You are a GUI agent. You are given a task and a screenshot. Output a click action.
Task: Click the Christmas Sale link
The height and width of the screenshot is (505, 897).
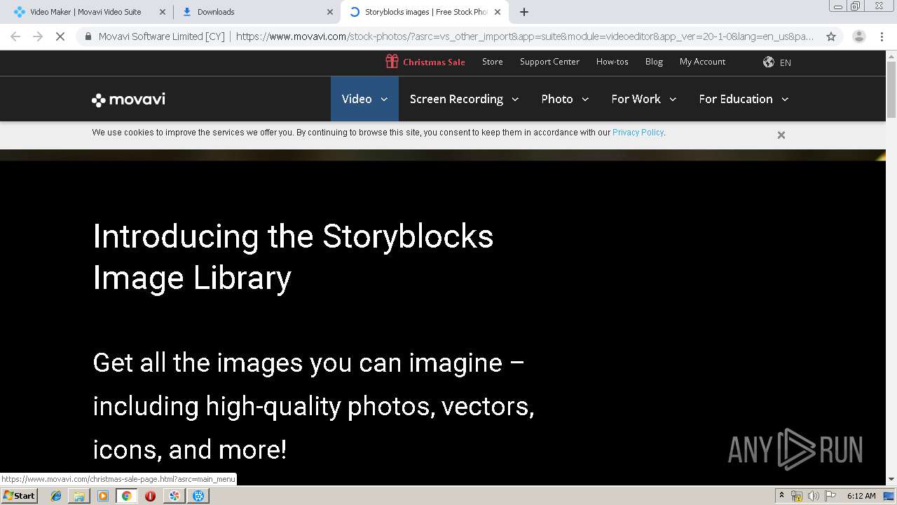(x=425, y=62)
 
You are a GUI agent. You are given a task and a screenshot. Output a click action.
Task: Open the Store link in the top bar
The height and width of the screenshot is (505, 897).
(x=492, y=62)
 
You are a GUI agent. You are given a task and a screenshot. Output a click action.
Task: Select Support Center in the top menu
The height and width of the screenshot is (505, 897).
(x=549, y=62)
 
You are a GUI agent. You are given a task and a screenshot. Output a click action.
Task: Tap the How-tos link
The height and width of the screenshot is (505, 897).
(x=612, y=62)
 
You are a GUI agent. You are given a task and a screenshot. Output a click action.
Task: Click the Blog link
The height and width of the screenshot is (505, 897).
(x=654, y=62)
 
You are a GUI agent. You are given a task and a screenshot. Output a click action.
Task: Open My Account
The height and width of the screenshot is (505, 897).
(x=702, y=62)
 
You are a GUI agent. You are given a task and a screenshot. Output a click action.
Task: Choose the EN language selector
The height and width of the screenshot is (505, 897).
(x=777, y=62)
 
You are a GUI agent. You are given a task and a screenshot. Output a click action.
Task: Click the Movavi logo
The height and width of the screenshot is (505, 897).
(x=128, y=100)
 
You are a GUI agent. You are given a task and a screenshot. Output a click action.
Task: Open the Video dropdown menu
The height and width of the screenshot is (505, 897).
(x=364, y=99)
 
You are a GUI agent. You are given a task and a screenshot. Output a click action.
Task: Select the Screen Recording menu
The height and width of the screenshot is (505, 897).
(x=464, y=99)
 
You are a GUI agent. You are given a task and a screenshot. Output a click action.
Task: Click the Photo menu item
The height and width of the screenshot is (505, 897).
(x=565, y=99)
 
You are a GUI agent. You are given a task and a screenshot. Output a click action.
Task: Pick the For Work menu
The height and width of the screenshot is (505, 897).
(x=643, y=99)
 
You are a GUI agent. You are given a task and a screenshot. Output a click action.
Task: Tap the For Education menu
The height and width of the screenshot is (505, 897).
(x=744, y=99)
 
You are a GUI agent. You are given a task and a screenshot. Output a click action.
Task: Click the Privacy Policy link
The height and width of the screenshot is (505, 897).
(x=638, y=133)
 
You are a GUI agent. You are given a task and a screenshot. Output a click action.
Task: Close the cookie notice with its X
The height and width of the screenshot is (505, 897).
(x=781, y=135)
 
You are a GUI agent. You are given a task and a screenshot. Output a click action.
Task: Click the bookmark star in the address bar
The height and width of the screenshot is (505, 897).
(x=831, y=36)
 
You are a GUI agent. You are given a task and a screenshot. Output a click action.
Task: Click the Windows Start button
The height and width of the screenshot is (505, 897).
(x=19, y=496)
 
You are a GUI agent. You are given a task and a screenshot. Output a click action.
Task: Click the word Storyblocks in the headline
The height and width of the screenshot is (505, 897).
(x=408, y=236)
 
